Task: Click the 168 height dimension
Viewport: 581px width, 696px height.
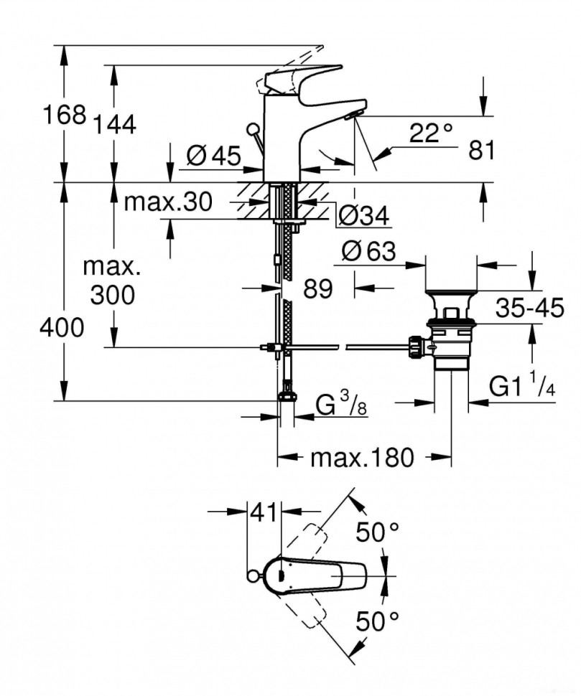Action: pos(65,115)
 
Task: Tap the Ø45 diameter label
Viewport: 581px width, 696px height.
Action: pos(213,156)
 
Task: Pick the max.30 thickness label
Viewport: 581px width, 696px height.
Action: pos(167,203)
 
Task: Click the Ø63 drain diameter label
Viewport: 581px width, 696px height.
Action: pos(368,251)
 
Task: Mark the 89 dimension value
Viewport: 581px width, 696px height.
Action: pos(318,289)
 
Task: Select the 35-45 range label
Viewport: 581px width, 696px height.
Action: pos(530,309)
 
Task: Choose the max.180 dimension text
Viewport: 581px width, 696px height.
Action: pos(362,457)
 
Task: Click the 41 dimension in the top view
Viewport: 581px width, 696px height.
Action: pos(264,512)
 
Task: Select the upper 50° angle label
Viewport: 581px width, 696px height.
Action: pos(378,533)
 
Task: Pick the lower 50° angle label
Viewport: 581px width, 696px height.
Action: pos(378,621)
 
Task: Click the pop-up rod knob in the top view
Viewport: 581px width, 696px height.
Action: pos(251,575)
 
